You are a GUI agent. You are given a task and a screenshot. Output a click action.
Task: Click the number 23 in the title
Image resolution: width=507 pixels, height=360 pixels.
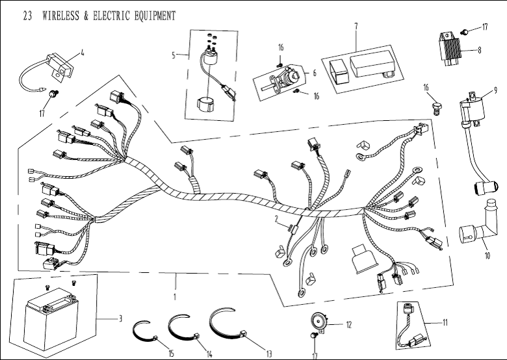tap(27, 16)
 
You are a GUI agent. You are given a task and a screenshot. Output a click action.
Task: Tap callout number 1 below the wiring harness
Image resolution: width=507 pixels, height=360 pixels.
tap(175, 297)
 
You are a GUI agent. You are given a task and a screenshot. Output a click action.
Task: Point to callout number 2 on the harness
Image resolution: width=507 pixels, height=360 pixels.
tap(276, 218)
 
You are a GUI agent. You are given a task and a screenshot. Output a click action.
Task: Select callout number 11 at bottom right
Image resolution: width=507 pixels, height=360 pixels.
tap(445, 322)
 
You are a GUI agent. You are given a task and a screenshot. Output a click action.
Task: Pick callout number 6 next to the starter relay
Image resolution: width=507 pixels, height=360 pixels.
tap(314, 73)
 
